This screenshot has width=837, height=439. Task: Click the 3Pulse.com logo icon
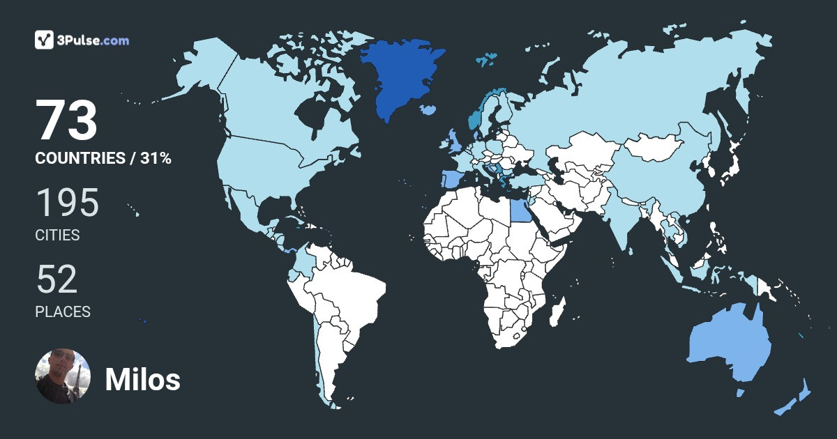tap(45, 40)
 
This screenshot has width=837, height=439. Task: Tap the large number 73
tap(66, 121)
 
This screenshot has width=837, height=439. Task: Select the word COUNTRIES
tap(80, 158)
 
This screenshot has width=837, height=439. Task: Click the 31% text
tap(156, 158)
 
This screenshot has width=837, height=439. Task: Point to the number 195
tap(67, 203)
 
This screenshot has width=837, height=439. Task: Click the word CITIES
tap(57, 236)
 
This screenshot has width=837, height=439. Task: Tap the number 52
tap(56, 280)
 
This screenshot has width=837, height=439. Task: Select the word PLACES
tap(63, 312)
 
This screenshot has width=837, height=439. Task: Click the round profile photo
tap(63, 376)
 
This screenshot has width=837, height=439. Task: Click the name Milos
tap(142, 380)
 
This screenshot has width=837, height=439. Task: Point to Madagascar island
tap(557, 312)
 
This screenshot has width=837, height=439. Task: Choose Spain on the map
tap(449, 180)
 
